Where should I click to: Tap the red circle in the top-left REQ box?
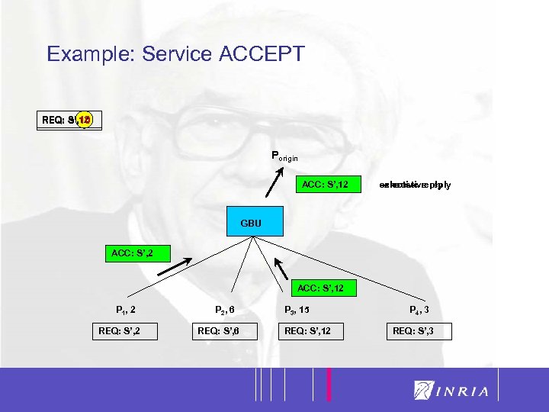[x=84, y=120]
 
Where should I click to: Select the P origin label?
[x=289, y=156]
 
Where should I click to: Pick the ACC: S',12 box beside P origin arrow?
[x=326, y=185]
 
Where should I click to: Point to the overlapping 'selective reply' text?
[x=415, y=185]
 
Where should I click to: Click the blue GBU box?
[x=251, y=224]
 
